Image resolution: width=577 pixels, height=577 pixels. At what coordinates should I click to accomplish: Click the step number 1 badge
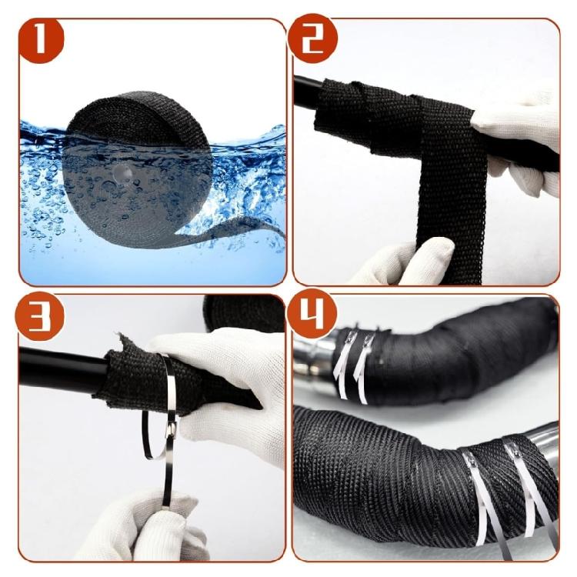tap(41, 39)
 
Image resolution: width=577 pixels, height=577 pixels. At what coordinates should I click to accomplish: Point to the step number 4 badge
tap(312, 315)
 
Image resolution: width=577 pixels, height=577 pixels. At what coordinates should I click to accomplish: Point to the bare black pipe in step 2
tap(306, 93)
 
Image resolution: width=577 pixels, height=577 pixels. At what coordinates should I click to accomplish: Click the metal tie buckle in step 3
tap(171, 428)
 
